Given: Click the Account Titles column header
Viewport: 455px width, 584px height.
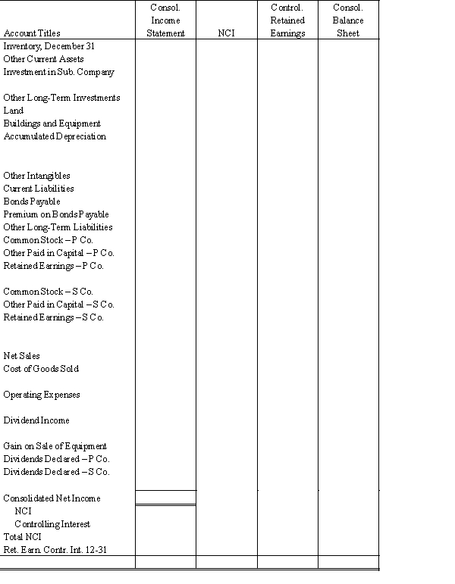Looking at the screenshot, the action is click(32, 33).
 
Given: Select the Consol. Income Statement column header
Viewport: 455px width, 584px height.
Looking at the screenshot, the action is click(165, 20).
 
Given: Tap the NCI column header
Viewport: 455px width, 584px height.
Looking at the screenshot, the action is click(226, 33).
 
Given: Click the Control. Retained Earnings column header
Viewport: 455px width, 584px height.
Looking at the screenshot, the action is click(287, 20).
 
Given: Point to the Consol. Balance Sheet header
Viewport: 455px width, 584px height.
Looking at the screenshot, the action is click(348, 20).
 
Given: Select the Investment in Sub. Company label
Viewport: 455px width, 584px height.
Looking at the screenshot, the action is click(59, 72).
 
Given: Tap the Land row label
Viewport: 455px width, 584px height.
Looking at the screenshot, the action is click(14, 111).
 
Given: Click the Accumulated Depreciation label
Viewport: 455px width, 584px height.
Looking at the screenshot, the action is click(55, 136).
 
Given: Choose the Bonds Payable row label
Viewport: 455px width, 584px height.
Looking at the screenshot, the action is click(32, 201).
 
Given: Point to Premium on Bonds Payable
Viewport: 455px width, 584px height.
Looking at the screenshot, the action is click(56, 214).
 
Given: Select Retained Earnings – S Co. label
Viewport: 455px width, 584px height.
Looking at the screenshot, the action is click(53, 317).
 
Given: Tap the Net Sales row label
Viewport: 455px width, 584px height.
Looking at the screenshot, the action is click(22, 356).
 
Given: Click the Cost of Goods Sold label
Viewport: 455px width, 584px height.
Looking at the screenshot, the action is click(41, 369).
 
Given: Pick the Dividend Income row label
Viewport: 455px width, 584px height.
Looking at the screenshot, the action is click(36, 420).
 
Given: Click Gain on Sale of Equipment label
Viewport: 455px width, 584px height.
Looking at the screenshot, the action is click(55, 446).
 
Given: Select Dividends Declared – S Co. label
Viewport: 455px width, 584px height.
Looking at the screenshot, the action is click(56, 472).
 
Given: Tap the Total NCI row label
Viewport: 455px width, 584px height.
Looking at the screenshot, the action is click(22, 537).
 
